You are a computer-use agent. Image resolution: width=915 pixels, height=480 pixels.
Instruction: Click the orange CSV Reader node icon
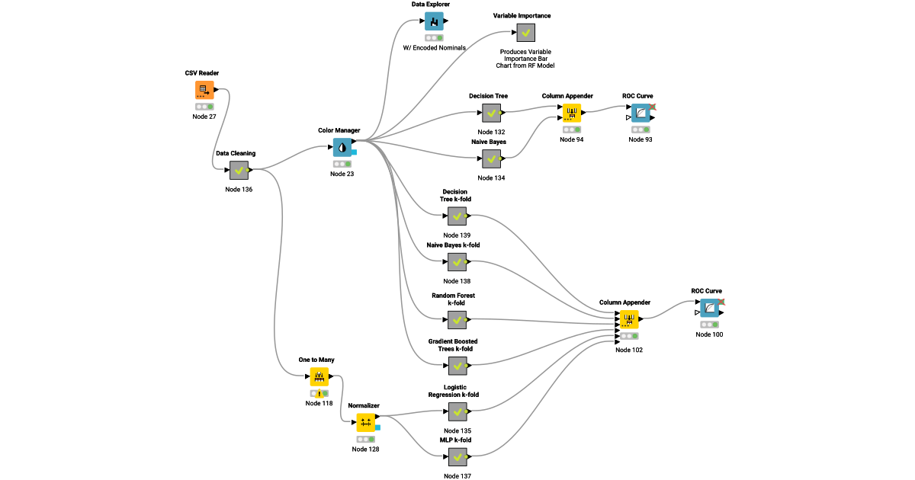[204, 90]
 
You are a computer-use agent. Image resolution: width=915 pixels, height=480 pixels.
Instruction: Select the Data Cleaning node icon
[239, 171]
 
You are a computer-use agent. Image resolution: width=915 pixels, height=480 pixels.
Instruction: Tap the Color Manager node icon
[342, 148]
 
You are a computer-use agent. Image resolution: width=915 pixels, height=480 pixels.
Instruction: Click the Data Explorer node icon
[434, 21]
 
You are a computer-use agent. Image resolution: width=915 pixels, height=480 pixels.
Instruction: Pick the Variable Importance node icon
[525, 33]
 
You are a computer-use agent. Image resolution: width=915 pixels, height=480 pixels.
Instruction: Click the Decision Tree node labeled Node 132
[492, 114]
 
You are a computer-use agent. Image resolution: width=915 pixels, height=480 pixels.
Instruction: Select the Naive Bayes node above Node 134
[492, 159]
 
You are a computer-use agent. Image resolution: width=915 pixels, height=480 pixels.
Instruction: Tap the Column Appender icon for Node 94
[571, 114]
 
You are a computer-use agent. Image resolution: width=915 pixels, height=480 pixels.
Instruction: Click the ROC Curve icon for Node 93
[640, 114]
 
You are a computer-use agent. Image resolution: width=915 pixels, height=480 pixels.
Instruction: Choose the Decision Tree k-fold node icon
[457, 216]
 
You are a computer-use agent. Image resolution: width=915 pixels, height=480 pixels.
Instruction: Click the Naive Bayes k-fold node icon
[457, 262]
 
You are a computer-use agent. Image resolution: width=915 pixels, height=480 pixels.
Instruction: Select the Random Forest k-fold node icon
[457, 319]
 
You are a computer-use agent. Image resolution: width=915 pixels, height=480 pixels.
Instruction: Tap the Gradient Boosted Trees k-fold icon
[457, 366]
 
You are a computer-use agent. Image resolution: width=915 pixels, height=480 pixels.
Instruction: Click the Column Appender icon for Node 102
[628, 319]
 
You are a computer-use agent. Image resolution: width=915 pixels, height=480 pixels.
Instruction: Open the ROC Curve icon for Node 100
[710, 309]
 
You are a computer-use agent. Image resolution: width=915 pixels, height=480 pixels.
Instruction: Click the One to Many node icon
[319, 377]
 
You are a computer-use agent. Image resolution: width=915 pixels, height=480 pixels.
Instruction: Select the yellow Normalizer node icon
[365, 423]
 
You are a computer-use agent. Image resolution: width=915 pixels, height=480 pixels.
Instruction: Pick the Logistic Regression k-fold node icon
[457, 412]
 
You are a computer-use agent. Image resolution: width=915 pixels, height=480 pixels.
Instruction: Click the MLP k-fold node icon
[457, 457]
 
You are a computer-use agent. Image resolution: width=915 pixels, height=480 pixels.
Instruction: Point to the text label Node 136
[239, 190]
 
